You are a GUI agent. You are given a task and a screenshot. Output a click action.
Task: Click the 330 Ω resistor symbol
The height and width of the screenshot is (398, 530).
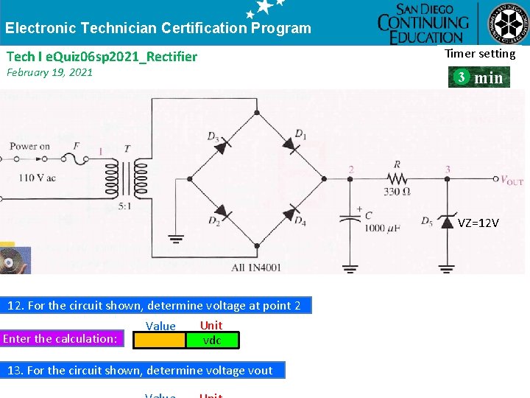(397, 178)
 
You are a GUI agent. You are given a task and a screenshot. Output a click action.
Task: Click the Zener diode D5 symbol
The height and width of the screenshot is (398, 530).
(447, 221)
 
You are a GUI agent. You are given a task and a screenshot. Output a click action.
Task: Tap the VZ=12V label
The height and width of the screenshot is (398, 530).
(478, 223)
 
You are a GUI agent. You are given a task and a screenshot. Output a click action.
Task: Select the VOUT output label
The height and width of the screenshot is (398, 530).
(512, 180)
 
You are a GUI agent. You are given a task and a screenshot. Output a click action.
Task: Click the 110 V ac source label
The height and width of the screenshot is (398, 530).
(38, 178)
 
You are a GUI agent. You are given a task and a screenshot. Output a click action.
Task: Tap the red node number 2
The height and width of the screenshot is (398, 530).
(351, 170)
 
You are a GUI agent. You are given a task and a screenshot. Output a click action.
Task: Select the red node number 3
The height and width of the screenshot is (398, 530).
(448, 170)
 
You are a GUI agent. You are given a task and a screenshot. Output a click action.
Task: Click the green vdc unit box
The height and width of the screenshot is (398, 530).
(212, 340)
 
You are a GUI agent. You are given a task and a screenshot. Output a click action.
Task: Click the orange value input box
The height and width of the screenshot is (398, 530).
(159, 340)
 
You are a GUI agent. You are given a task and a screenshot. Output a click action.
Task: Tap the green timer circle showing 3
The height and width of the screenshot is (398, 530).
(460, 77)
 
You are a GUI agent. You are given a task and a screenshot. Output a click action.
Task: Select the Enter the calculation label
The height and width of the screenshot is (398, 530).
(60, 339)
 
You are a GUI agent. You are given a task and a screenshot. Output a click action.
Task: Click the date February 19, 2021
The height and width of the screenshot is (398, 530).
(49, 72)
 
